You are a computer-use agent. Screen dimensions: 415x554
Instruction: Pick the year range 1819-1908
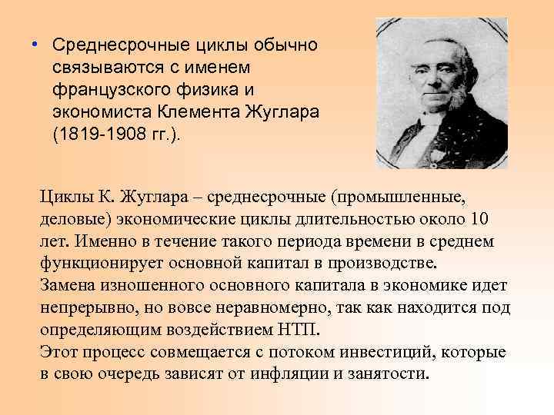99,133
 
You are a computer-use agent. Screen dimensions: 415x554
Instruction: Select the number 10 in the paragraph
479,220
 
